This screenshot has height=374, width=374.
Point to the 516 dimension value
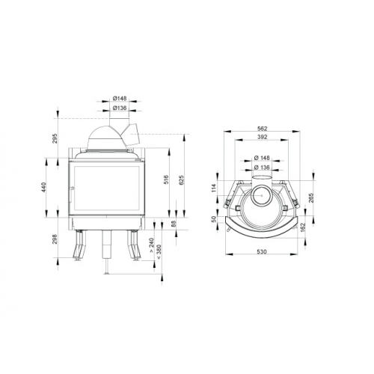167,180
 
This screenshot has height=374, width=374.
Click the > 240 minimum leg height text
152,246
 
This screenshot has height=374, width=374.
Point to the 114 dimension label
214,187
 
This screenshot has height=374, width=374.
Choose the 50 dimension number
214,219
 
